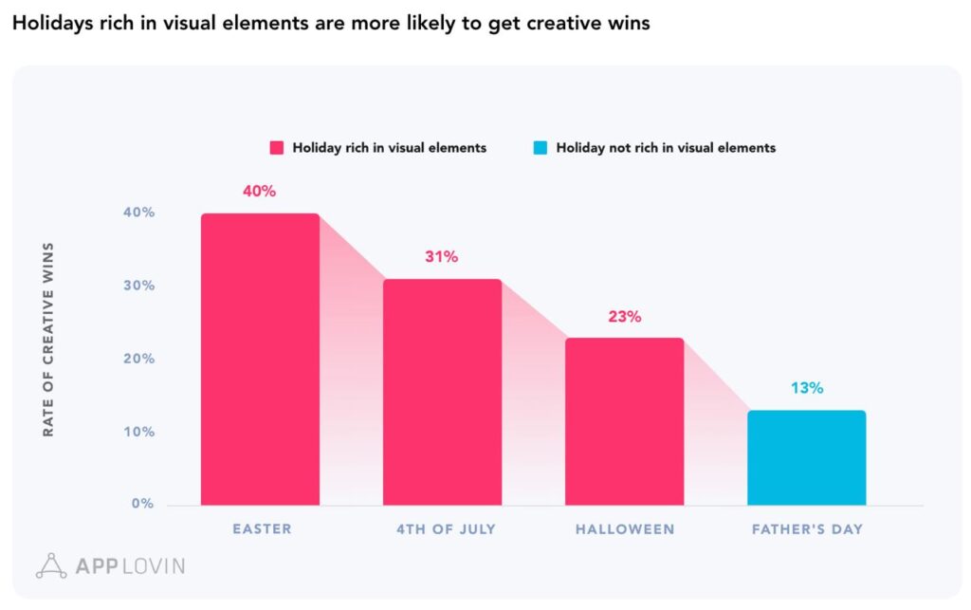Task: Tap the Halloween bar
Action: (x=624, y=421)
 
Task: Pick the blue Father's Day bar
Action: (x=806, y=457)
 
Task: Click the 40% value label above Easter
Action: (x=259, y=192)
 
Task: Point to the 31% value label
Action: (x=441, y=257)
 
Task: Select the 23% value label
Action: (x=624, y=317)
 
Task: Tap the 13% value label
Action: (x=807, y=388)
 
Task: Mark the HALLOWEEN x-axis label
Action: (x=625, y=529)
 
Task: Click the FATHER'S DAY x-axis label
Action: (x=807, y=529)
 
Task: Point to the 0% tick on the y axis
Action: (x=142, y=504)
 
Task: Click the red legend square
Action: (x=277, y=148)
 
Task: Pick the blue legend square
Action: (x=540, y=148)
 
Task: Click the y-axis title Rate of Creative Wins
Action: (x=48, y=340)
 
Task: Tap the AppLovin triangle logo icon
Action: (x=50, y=565)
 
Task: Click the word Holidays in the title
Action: (x=48, y=24)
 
